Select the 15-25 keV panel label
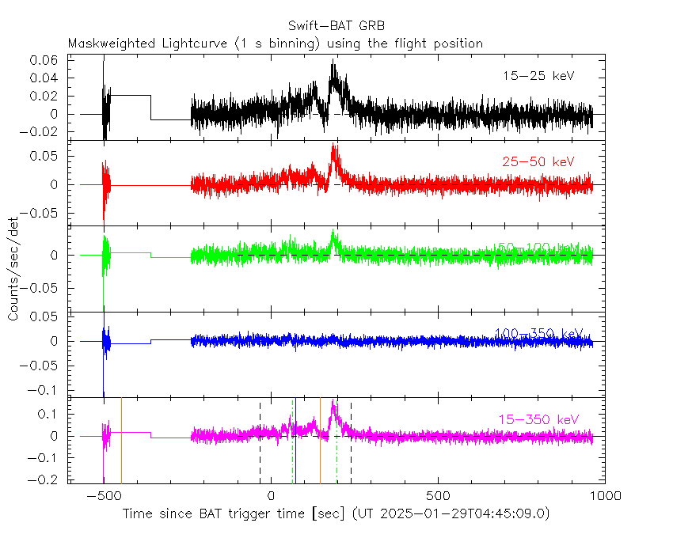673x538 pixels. [538, 76]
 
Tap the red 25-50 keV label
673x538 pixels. [538, 161]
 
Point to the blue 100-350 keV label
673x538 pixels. [538, 333]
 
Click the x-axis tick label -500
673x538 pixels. [103, 496]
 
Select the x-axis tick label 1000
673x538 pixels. [605, 496]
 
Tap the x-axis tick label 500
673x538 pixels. [438, 496]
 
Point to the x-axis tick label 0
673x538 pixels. [271, 496]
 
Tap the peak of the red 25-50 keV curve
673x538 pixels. [334, 146]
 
